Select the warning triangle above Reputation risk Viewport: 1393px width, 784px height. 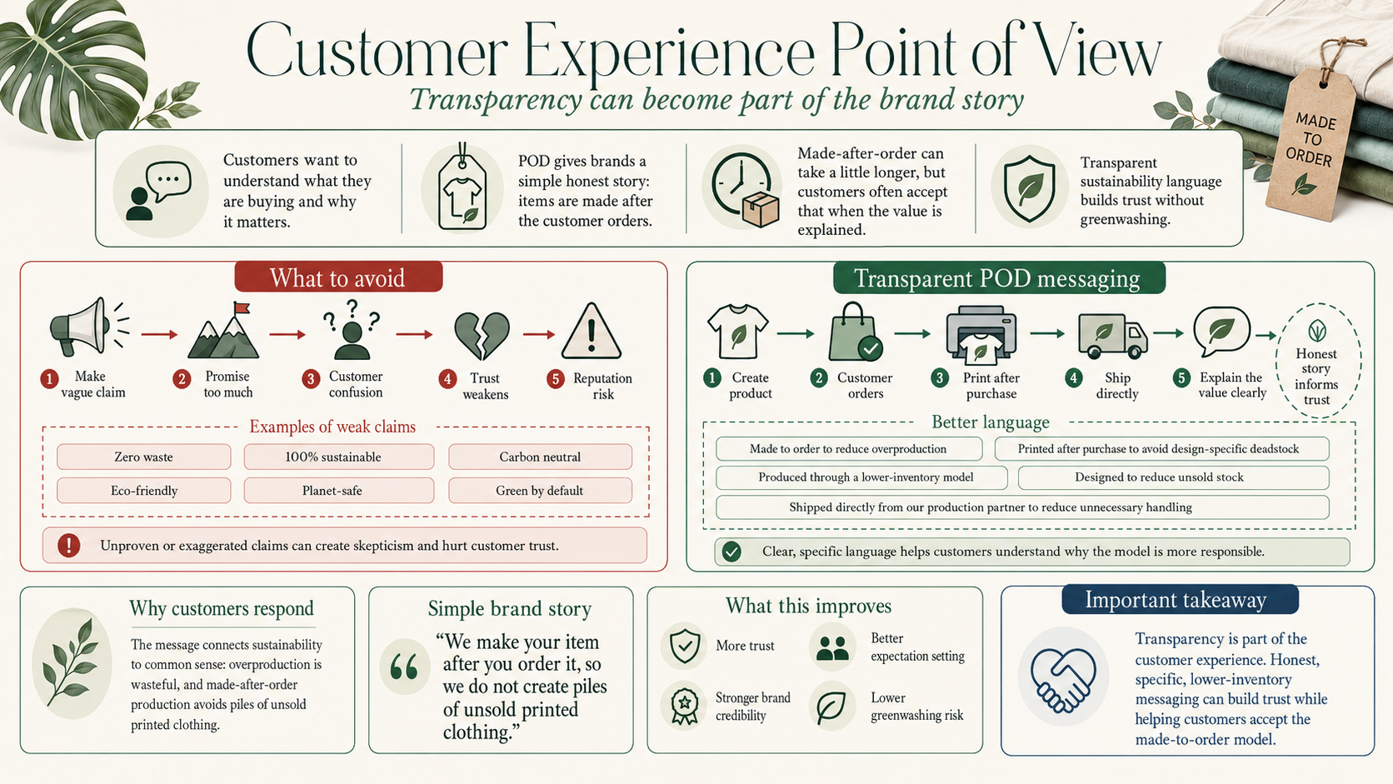tap(591, 332)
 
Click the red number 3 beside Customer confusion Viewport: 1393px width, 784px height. tap(310, 378)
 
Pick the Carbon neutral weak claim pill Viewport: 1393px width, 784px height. tap(540, 457)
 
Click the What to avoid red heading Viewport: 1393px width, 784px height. tap(338, 277)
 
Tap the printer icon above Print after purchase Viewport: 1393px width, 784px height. tap(981, 334)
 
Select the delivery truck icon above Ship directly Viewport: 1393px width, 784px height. tap(1113, 336)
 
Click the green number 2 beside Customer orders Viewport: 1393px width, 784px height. tap(819, 378)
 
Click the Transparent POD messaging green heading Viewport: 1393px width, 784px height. tap(999, 278)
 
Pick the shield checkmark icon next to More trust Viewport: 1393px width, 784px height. tap(684, 646)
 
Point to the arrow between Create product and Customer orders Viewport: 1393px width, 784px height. tap(796, 334)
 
